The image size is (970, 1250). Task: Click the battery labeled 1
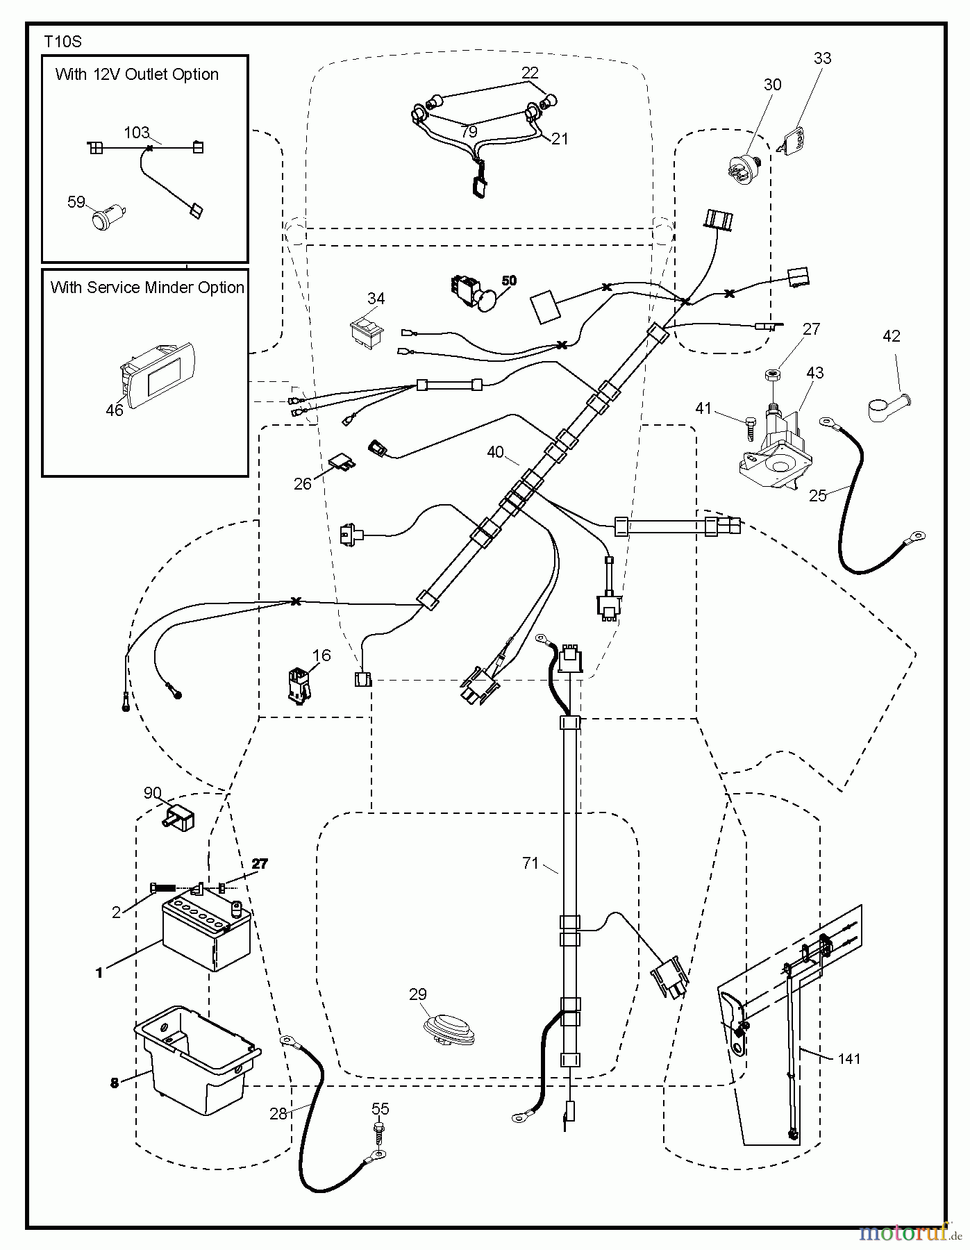[206, 934]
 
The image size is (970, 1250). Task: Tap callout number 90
[152, 792]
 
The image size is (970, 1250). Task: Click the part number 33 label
[822, 58]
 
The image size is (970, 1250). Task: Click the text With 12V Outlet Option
[137, 74]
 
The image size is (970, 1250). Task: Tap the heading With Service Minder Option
[147, 287]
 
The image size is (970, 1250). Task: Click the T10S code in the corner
[62, 42]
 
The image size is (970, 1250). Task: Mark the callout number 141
[849, 1058]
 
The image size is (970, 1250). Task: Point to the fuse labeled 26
[340, 461]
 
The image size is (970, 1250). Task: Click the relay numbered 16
[299, 685]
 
